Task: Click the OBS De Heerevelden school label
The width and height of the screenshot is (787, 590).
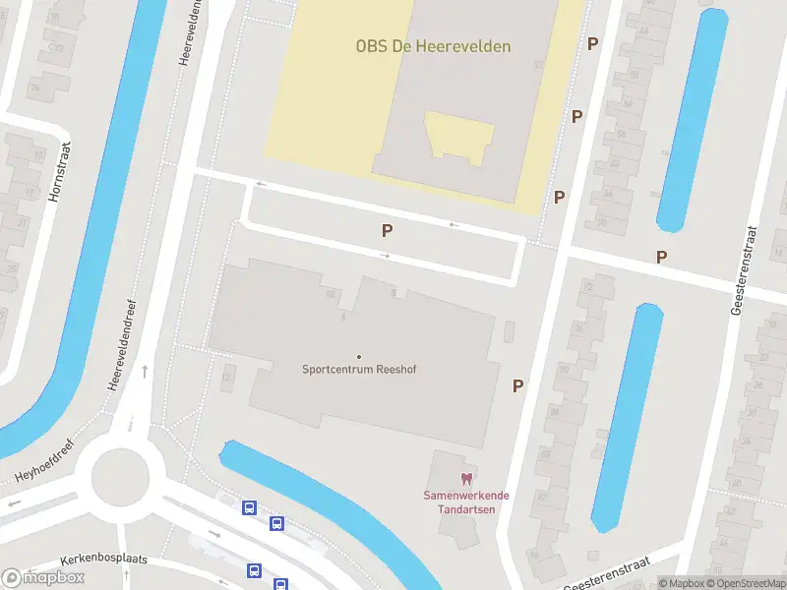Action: click(x=434, y=45)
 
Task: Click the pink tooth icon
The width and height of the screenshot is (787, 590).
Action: click(x=467, y=478)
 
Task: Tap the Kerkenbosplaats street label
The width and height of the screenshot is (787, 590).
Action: click(x=103, y=559)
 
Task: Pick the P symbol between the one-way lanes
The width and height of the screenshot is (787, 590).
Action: click(x=389, y=230)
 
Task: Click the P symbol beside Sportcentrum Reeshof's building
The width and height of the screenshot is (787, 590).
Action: click(x=517, y=386)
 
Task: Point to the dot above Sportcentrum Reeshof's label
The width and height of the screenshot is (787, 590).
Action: click(x=358, y=357)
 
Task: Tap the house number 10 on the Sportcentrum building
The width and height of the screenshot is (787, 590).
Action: click(x=331, y=293)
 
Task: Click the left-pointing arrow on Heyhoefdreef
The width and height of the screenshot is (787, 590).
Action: click(x=14, y=503)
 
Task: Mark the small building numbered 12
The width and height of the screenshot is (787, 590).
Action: click(x=228, y=375)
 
